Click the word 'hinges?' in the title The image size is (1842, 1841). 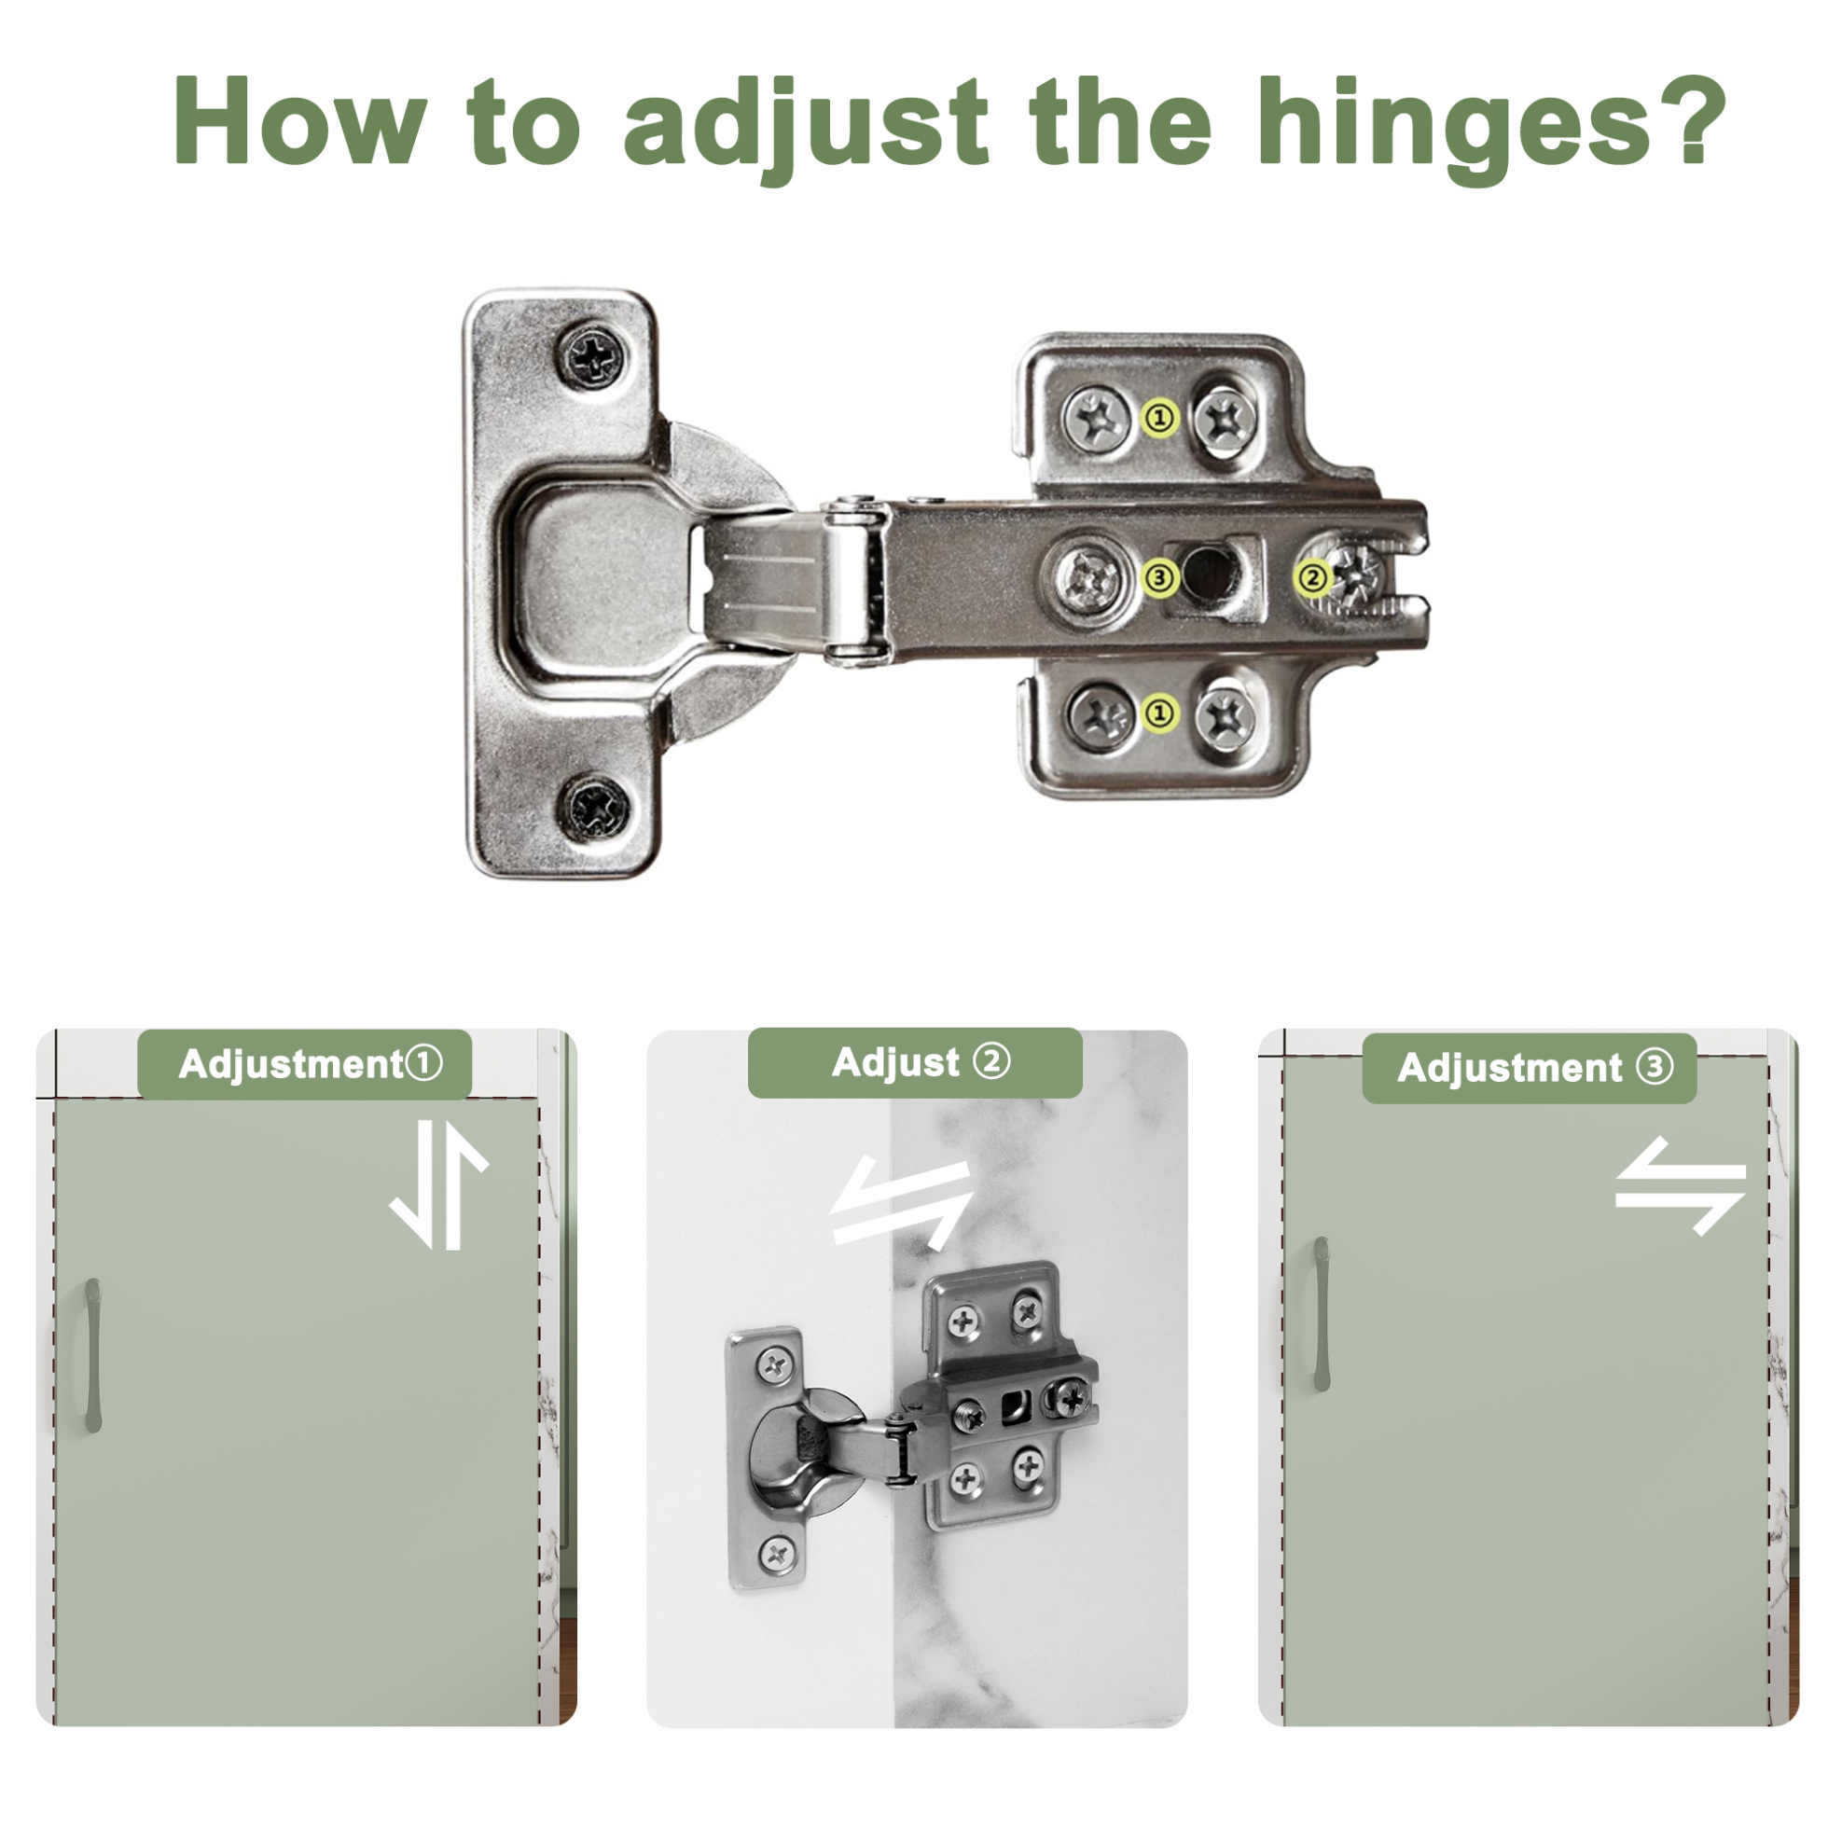coord(1492,128)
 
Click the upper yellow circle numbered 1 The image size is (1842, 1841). coord(1160,418)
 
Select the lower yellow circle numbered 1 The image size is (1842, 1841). coord(1160,713)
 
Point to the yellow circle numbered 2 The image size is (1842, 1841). coord(1313,577)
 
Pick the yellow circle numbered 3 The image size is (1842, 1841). coord(1159,577)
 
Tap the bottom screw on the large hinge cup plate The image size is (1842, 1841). coord(595,809)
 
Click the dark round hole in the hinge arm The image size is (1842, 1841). coord(1209,574)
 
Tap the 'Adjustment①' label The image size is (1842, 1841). coord(305,1065)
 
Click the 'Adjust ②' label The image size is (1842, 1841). coord(915,1063)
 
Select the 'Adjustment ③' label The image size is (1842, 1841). coord(1530,1069)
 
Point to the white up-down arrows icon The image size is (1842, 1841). coord(439,1185)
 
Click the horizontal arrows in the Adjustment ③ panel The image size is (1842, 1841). coord(1680,1185)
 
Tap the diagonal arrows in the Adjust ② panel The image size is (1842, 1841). coord(901,1202)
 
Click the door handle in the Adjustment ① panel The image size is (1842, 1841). coord(92,1356)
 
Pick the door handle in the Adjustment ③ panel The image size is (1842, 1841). coord(1322,1314)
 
